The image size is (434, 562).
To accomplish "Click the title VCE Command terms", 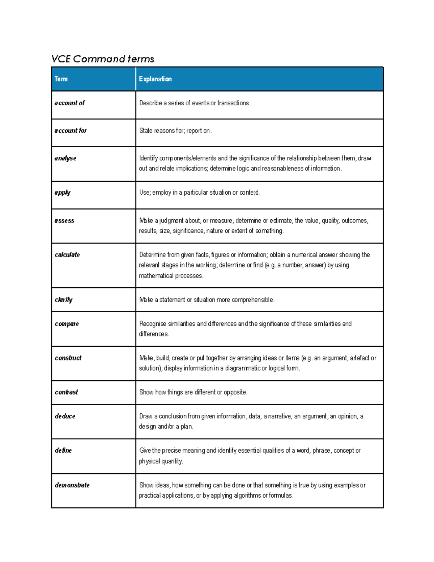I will click(x=103, y=59).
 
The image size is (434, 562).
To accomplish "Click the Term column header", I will click(x=61, y=79).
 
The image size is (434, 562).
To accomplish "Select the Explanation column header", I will click(x=155, y=79).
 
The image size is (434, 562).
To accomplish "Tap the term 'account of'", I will click(x=69, y=103).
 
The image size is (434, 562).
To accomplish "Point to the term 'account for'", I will click(x=71, y=131).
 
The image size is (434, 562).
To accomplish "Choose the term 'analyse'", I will click(x=65, y=158).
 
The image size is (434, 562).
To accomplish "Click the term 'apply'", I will click(x=62, y=193).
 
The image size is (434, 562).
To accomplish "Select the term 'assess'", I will click(x=64, y=220).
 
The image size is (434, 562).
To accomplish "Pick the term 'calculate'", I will click(x=67, y=255).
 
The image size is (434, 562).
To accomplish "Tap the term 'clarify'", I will click(x=64, y=300).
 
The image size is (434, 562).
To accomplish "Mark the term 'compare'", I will click(x=67, y=324).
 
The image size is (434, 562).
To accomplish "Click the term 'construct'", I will click(x=68, y=358).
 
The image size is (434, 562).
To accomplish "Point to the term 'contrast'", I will click(x=66, y=392).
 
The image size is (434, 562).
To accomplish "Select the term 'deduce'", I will click(x=65, y=416).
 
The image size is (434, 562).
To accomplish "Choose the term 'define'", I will click(x=63, y=451).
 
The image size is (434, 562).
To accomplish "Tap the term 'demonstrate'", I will click(x=72, y=485).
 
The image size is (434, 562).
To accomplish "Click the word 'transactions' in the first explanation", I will click(x=233, y=103).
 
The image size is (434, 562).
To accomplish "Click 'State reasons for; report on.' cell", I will click(x=175, y=131).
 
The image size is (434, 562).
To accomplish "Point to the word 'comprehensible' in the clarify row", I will click(x=253, y=300).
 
